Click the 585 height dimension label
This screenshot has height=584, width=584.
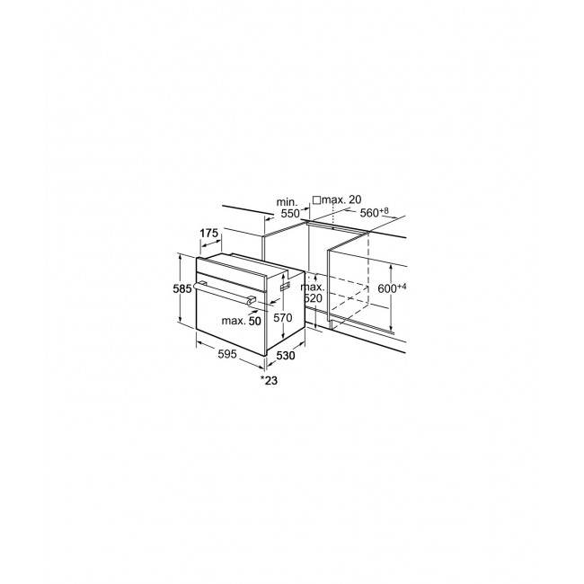tap(182, 288)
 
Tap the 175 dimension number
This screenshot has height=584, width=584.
tap(209, 234)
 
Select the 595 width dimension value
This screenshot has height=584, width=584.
tap(227, 354)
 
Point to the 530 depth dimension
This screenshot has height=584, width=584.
tap(286, 356)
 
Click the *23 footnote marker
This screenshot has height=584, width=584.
tap(269, 380)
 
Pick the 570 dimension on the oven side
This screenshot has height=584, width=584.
tap(283, 318)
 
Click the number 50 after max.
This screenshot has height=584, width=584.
tap(255, 321)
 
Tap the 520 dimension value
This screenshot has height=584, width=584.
tap(314, 298)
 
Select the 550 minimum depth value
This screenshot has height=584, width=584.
tap(290, 214)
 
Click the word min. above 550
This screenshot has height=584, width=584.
tap(288, 202)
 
